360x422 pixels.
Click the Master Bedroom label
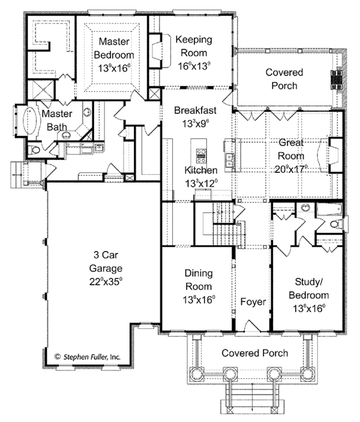pos(114,48)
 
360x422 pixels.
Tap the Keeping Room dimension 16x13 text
pos(194,66)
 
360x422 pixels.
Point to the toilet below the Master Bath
pos(34,150)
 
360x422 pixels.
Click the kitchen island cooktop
pos(201,156)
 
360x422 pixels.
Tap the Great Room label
pos(291,149)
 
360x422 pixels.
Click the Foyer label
pos(253,302)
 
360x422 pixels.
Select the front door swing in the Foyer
pos(252,325)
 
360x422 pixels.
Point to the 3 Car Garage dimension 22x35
pos(106,282)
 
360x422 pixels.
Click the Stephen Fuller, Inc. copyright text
pos(88,357)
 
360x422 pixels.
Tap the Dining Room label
pos(199,280)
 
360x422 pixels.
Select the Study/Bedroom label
pos(308,289)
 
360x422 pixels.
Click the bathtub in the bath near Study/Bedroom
pos(329,209)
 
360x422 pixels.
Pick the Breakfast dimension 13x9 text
pos(196,124)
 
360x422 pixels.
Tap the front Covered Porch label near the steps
pos(254,353)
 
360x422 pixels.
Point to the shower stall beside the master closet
pos(41,90)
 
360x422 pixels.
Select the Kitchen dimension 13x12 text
pos(201,184)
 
